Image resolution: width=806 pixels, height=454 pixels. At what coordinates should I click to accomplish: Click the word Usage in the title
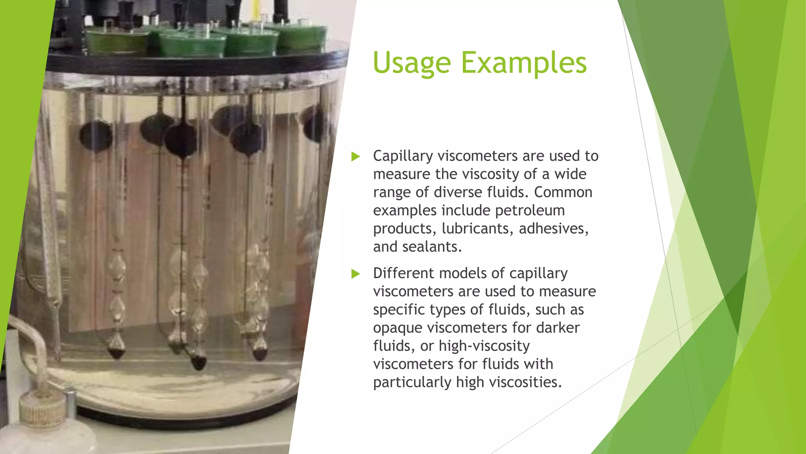[412, 63]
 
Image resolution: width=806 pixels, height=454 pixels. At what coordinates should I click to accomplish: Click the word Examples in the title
[523, 63]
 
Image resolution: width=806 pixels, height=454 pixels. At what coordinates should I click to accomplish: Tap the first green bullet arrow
[356, 156]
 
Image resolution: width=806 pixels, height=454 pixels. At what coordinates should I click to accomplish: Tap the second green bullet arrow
[356, 274]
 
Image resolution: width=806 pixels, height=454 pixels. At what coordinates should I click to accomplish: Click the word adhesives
[553, 229]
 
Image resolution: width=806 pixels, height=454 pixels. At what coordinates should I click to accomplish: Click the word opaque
[397, 328]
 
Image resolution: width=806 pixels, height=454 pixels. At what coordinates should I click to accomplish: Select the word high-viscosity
[484, 346]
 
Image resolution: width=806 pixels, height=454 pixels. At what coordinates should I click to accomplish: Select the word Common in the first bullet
[563, 192]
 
